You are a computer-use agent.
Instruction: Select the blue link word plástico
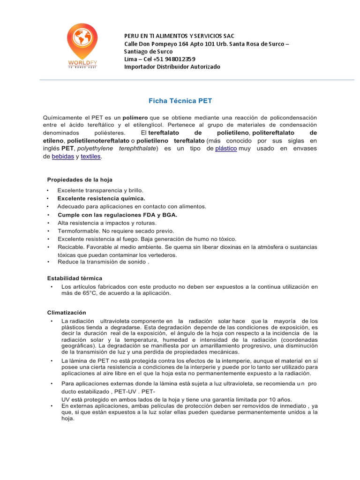point(226,149)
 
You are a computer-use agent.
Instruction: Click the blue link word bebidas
point(63,157)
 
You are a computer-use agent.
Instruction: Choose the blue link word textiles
point(90,157)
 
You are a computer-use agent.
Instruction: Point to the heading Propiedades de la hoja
point(80,180)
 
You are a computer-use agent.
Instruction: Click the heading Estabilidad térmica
point(75,278)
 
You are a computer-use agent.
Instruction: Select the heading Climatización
point(67,312)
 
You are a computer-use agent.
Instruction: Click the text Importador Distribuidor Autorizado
point(172,67)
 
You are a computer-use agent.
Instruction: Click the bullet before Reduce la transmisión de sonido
point(48,263)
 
